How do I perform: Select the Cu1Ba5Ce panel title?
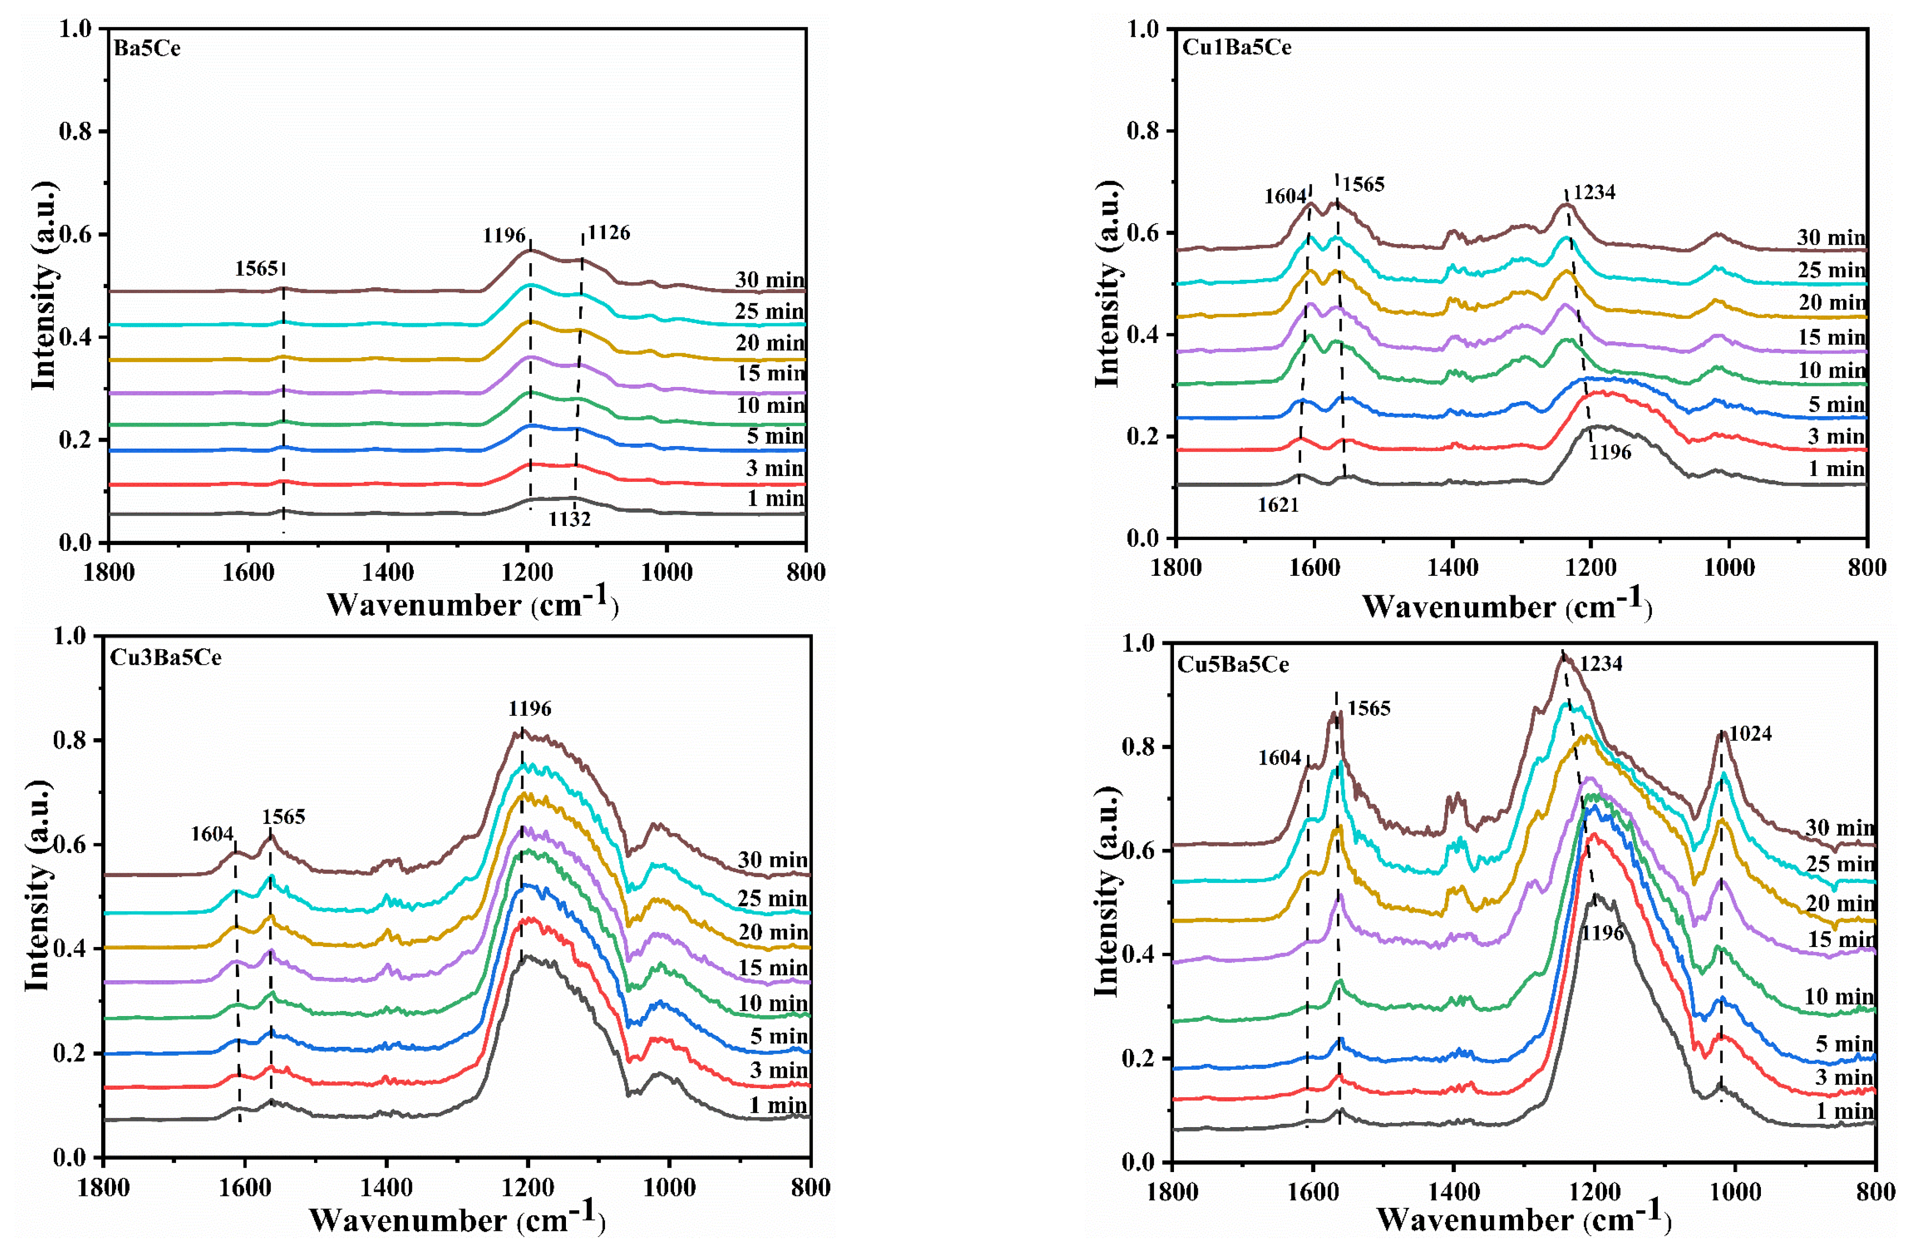(1236, 47)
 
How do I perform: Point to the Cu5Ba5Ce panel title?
(1233, 665)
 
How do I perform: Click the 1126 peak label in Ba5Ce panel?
(608, 233)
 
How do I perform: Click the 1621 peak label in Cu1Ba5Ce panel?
(1279, 505)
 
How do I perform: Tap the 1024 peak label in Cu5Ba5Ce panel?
(1750, 734)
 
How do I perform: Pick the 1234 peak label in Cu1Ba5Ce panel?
(1594, 192)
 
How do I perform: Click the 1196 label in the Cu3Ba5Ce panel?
(529, 709)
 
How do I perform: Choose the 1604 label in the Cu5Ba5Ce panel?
(1279, 758)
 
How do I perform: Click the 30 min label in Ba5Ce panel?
(769, 280)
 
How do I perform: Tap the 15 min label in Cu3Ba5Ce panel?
(772, 968)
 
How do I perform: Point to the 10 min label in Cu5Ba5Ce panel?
(1839, 997)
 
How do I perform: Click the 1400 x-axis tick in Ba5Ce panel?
(388, 572)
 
